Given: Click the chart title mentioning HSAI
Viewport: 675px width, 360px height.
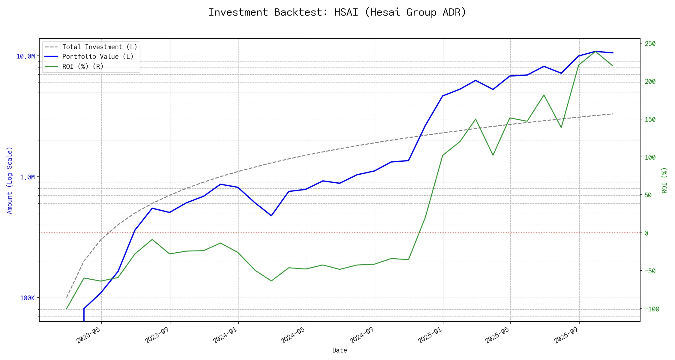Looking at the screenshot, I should tap(337, 12).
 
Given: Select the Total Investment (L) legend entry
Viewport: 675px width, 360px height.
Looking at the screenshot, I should tap(100, 47).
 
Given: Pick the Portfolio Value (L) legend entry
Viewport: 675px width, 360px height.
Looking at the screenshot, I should tap(98, 57).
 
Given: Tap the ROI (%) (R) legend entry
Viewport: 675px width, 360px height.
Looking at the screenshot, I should tap(83, 67).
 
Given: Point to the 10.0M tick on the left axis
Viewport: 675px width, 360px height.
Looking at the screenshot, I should tap(26, 56).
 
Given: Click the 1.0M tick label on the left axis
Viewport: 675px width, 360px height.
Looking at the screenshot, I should tap(28, 177).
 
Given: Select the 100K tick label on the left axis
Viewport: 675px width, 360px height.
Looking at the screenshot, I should tap(28, 298).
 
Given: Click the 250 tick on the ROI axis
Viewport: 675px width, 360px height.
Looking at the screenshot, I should tap(650, 44).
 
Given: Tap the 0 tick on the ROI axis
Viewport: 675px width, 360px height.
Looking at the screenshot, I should tap(646, 233).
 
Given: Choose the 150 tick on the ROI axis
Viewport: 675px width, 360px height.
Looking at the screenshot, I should tap(650, 119).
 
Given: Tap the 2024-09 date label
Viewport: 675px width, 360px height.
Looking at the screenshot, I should tap(361, 335).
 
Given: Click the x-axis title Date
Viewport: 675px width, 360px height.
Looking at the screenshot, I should tap(340, 350).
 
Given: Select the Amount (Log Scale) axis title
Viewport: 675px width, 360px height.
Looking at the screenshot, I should tap(10, 180).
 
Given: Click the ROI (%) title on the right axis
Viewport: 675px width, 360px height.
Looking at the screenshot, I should tap(664, 180).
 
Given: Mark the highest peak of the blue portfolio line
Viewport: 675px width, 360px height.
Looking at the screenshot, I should tap(596, 51).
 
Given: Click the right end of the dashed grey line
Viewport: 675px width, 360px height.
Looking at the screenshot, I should tap(613, 114).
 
